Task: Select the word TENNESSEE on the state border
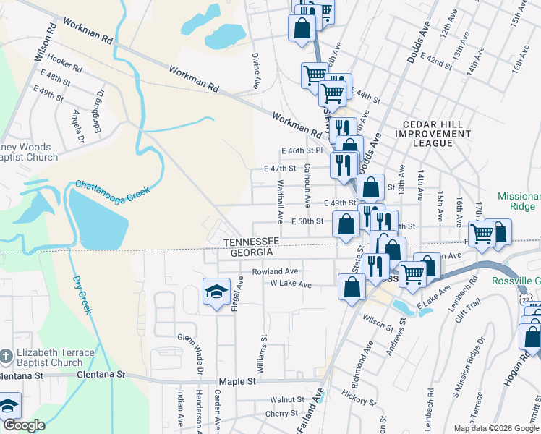[x=250, y=241]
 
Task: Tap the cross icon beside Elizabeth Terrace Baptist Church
[x=6, y=357]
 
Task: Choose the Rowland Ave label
[x=275, y=272]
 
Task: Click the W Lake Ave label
[x=290, y=284]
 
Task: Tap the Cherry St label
[x=281, y=414]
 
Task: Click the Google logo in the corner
[x=25, y=425]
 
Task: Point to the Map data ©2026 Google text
[x=495, y=428]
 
